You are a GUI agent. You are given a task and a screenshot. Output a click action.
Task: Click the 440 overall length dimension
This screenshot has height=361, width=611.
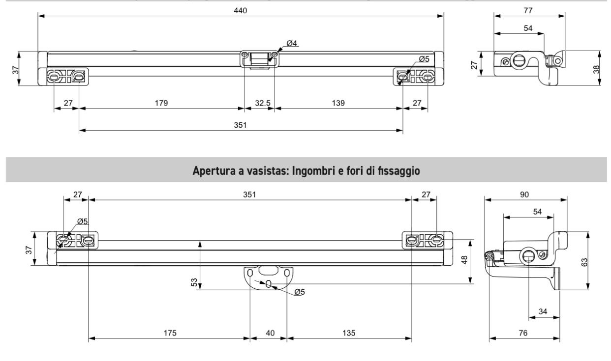pos(241,10)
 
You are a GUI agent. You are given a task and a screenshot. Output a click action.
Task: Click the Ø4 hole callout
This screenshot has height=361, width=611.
pos(292,44)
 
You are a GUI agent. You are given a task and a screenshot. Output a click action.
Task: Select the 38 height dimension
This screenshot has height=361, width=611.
pos(596,68)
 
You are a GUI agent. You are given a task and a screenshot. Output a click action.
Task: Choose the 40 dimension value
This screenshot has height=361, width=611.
pos(268,333)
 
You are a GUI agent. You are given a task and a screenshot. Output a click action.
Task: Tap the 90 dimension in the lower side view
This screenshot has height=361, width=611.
pos(525,194)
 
